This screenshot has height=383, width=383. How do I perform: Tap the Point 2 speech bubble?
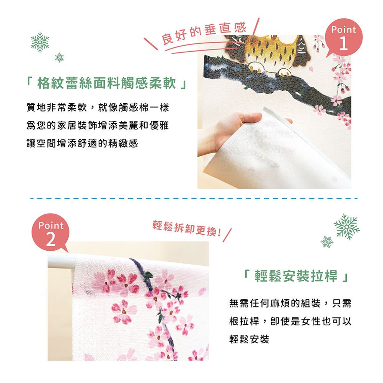pyautogui.click(x=50, y=233)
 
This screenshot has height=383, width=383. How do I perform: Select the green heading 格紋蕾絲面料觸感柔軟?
pyautogui.click(x=107, y=83)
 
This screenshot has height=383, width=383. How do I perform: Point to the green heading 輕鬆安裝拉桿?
pyautogui.click(x=296, y=276)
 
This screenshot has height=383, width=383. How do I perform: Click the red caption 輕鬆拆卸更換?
pyautogui.click(x=187, y=229)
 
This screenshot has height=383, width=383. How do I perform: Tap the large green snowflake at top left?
pyautogui.click(x=40, y=42)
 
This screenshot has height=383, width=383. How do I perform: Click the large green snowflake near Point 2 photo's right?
pyautogui.click(x=346, y=227)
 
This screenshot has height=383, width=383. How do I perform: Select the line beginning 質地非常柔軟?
pyautogui.click(x=98, y=107)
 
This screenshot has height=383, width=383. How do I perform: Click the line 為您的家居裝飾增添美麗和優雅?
pyautogui.click(x=98, y=125)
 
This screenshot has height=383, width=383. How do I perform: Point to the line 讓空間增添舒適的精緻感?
pyautogui.click(x=82, y=143)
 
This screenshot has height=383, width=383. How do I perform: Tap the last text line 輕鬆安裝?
pyautogui.click(x=249, y=339)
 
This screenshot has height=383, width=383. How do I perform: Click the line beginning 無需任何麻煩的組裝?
pyautogui.click(x=290, y=303)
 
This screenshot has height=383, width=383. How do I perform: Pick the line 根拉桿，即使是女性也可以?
pyautogui.click(x=290, y=321)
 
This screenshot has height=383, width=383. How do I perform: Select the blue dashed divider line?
pyautogui.click(x=194, y=198)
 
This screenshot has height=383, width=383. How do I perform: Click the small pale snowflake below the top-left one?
pyautogui.click(x=59, y=58)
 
